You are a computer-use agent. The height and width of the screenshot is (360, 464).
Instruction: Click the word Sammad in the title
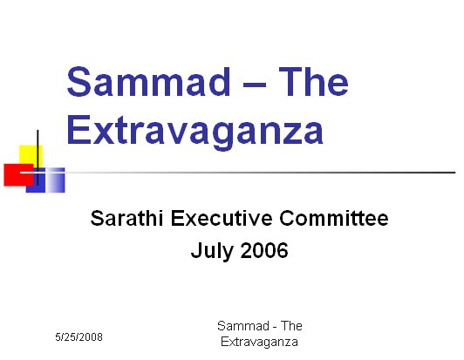pos(148,82)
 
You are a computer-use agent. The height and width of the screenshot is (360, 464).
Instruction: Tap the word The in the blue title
pos(314,81)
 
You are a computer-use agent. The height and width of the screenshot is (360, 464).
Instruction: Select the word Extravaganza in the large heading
pos(195,132)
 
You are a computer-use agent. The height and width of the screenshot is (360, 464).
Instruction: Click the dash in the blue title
pos(255,85)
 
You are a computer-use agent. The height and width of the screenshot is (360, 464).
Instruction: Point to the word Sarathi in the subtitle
pos(126,218)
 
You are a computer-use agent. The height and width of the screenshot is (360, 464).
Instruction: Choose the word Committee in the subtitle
pos(334,218)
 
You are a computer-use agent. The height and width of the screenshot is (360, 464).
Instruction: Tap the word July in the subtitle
pos(212,251)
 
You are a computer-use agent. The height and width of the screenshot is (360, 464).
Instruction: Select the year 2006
pos(264,250)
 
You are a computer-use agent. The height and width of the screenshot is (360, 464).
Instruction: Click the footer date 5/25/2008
pos(78,337)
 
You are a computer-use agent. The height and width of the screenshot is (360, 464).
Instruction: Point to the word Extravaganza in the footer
pos(259,342)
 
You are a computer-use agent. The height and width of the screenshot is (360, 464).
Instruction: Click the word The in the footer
pos(291,326)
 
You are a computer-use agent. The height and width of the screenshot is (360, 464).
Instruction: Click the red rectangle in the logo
pos(17,175)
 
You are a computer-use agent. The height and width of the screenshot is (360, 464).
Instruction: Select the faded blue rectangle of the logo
pos(55,180)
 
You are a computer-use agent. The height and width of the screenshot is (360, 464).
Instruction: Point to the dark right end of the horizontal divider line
pos(454,173)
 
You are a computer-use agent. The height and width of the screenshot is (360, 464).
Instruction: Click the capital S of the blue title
pos(78,81)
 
